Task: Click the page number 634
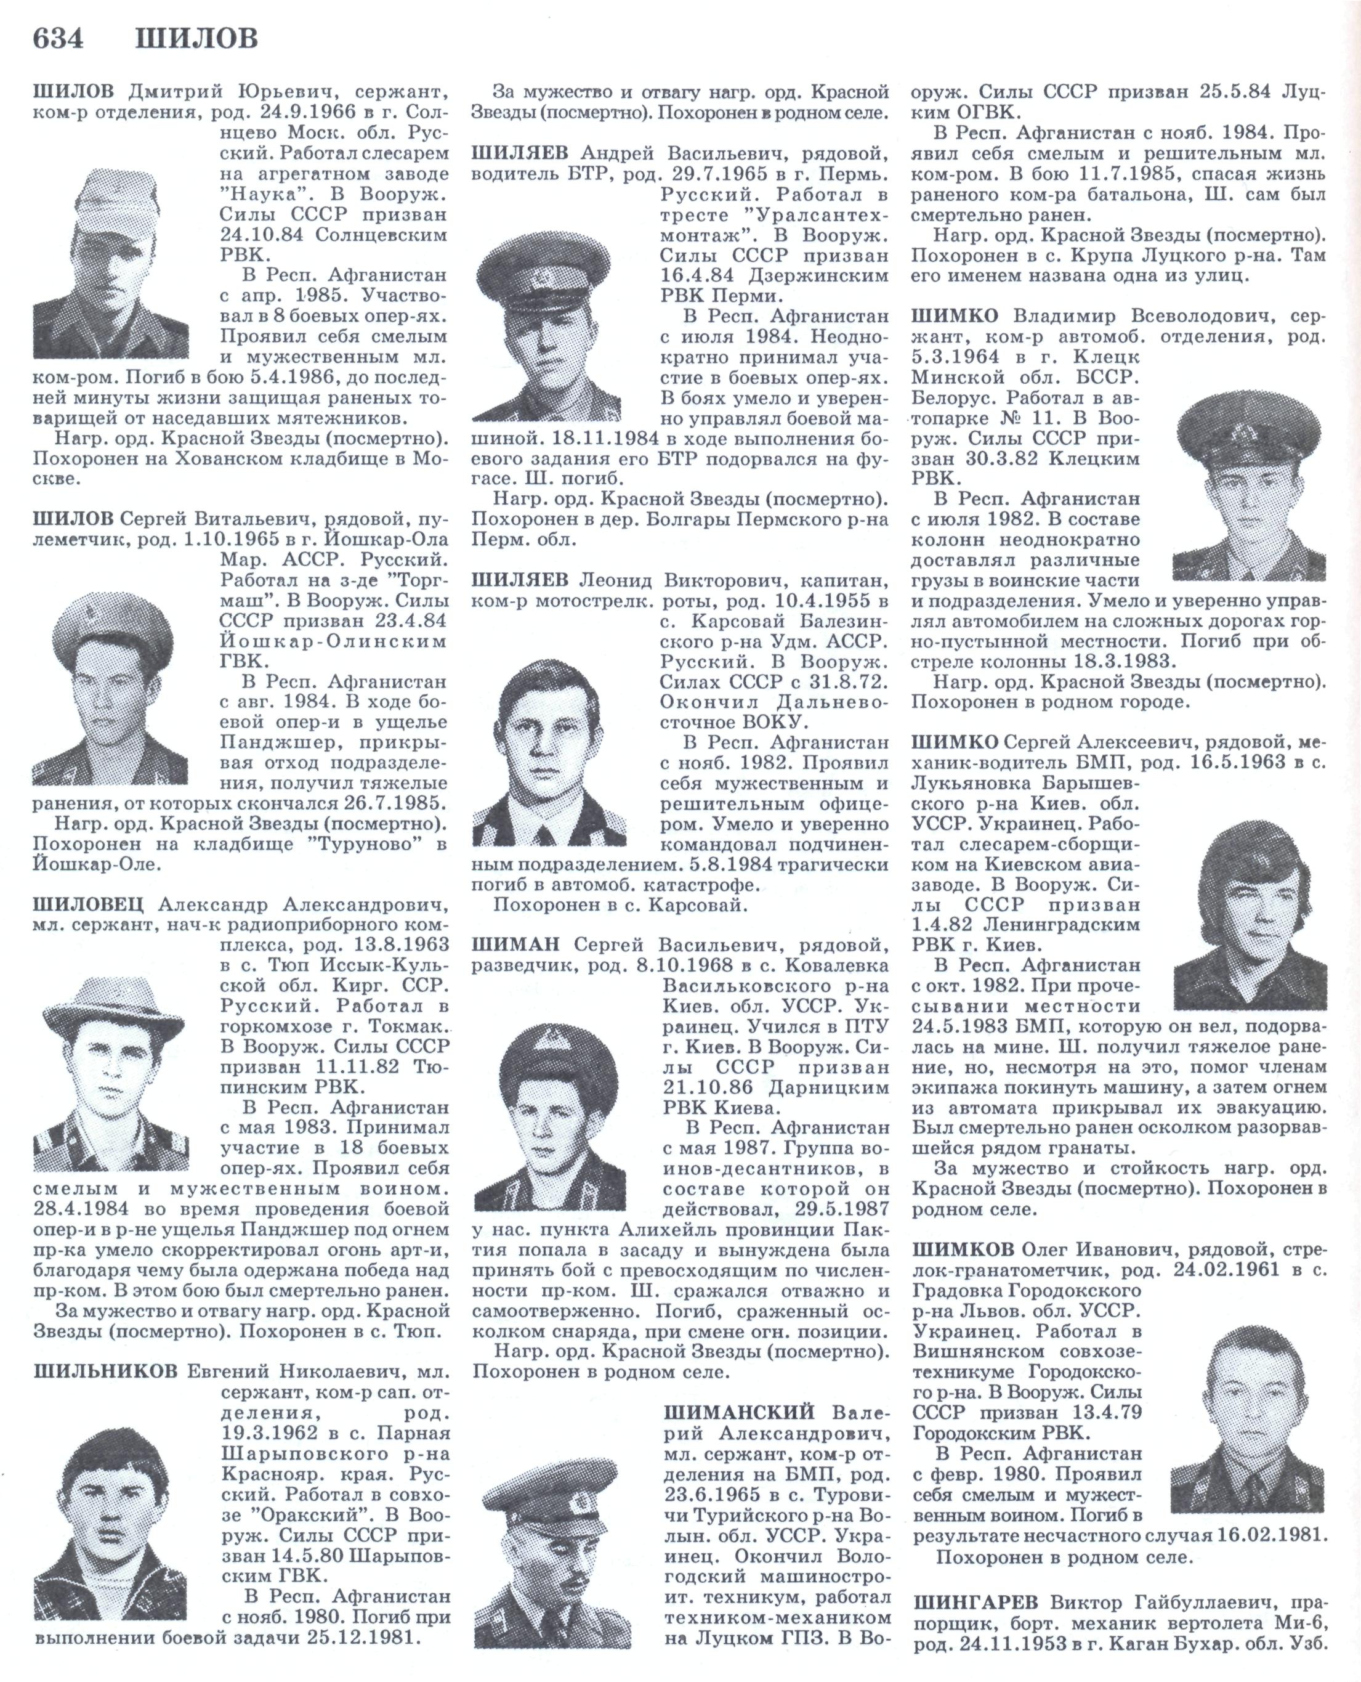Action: tap(57, 38)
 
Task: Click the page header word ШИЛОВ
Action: tap(196, 38)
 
